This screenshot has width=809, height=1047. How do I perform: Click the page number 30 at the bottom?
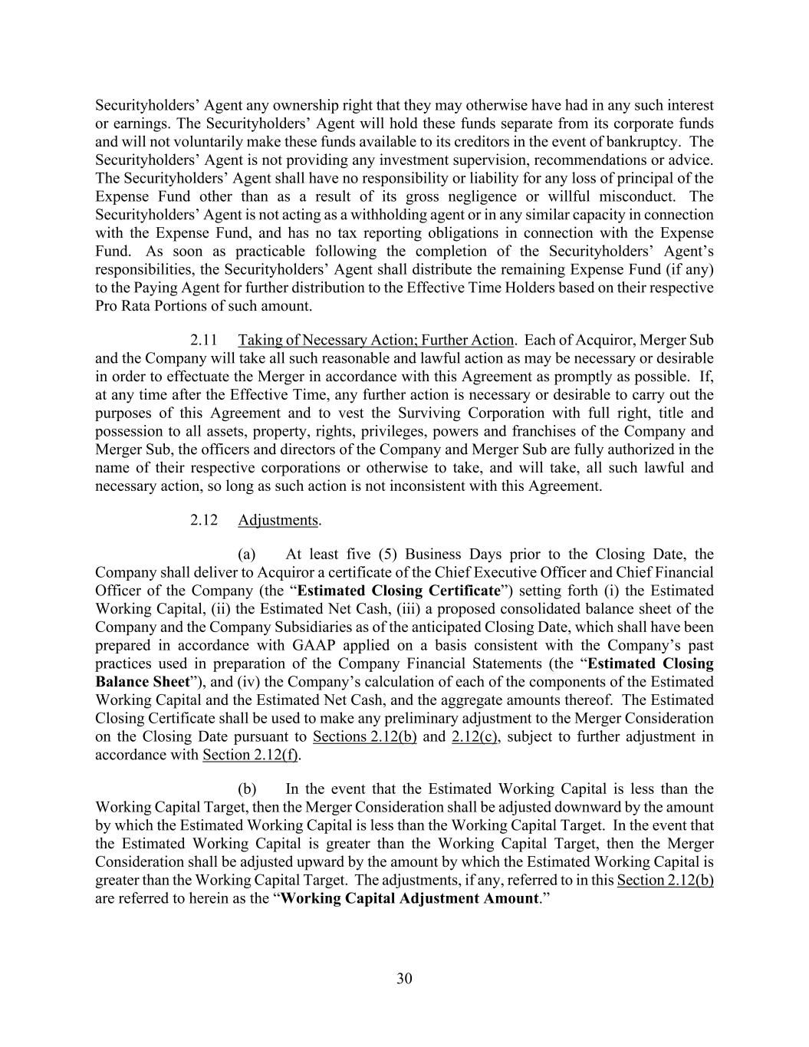point(404,978)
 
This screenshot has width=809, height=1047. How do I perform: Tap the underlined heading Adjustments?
point(278,520)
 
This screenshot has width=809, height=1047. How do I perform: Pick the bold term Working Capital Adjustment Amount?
point(409,898)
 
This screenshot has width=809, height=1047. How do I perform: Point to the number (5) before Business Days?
point(384,555)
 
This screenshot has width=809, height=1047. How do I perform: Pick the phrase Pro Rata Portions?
point(146,305)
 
